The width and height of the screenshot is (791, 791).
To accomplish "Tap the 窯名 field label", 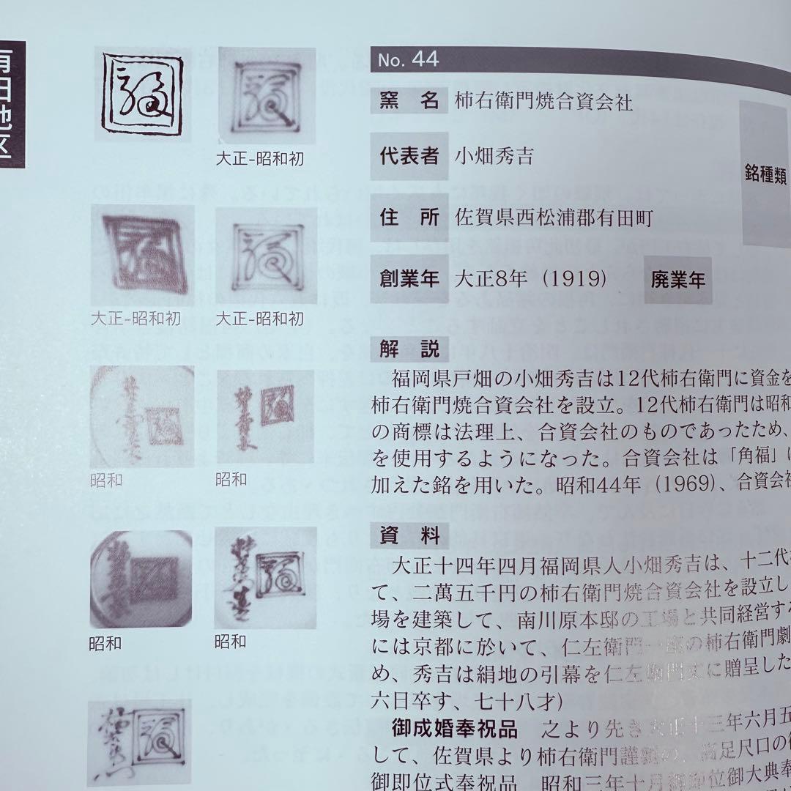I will point(409,100).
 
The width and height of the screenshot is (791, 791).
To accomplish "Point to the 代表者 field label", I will point(409,155).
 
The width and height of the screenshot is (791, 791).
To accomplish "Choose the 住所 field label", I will point(409,217).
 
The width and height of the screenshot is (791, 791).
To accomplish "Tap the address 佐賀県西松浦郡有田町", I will point(553,218).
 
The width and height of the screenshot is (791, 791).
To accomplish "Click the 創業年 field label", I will point(409,279).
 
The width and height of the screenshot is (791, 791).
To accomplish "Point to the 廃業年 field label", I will point(677,280).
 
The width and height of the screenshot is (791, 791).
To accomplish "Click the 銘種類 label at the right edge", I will point(765,176).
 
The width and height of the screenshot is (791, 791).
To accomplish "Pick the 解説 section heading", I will point(409,349).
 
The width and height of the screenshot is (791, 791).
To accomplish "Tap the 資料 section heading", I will point(409,537).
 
